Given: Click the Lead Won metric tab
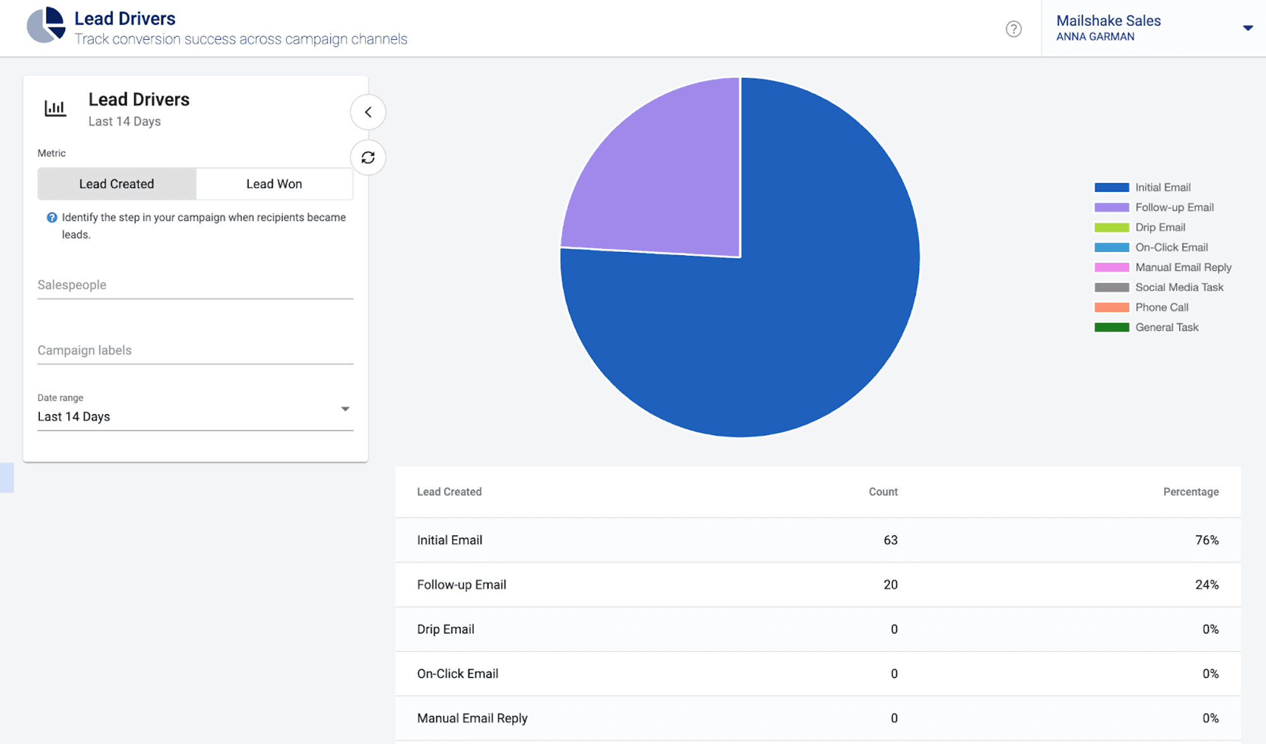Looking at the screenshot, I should click(274, 184).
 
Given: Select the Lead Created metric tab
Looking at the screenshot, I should click(116, 184).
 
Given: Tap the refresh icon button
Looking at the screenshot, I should click(368, 158).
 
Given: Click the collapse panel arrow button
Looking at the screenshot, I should click(368, 112).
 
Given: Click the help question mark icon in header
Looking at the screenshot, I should click(1013, 29).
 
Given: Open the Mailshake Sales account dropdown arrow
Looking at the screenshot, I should click(1248, 28).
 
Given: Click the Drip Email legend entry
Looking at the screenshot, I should click(1160, 227).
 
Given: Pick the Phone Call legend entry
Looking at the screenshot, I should click(1162, 307).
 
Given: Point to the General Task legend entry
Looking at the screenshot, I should click(1167, 327).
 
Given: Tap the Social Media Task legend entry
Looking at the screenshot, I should click(1179, 287).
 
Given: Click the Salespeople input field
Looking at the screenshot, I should click(195, 286).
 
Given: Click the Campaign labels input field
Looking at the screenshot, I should click(195, 351).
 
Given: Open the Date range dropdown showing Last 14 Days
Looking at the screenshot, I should click(195, 416).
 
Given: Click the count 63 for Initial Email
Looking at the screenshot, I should click(890, 540).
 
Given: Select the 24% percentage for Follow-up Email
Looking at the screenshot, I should click(1206, 584).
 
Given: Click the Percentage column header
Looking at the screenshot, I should click(1191, 492).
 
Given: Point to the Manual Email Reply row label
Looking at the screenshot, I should click(472, 718).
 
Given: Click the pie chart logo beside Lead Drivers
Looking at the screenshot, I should click(46, 25).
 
